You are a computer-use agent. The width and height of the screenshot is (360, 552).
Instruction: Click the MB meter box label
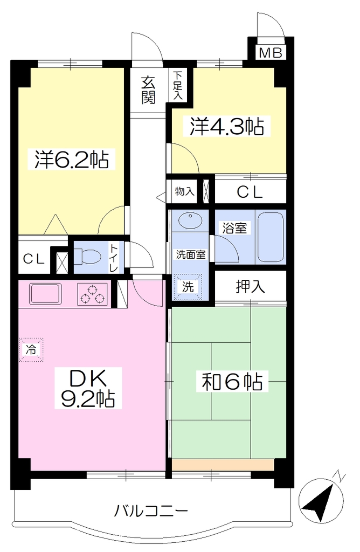270,53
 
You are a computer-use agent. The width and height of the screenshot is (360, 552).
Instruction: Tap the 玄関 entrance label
149,90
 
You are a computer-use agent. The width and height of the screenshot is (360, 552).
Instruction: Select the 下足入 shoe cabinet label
178,85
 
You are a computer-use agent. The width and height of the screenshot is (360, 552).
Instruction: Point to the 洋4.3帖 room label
227,126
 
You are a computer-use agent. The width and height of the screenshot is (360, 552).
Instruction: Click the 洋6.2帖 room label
72,160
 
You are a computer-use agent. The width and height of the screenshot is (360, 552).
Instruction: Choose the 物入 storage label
185,191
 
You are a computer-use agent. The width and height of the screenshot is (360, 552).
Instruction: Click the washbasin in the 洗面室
190,220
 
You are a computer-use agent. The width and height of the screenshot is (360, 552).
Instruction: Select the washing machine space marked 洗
188,287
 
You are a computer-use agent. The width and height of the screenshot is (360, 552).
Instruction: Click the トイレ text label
114,258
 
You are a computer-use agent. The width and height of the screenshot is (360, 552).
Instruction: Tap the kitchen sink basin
45,293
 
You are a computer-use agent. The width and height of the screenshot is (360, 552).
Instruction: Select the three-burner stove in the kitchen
92,294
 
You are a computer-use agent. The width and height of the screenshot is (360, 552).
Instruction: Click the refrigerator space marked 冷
31,349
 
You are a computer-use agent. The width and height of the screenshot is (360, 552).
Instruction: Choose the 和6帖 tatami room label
232,381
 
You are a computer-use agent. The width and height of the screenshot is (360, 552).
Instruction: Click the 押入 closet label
251,287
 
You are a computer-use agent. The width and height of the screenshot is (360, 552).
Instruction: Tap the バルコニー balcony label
151,510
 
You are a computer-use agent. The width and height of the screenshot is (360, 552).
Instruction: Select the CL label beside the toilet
34,259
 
